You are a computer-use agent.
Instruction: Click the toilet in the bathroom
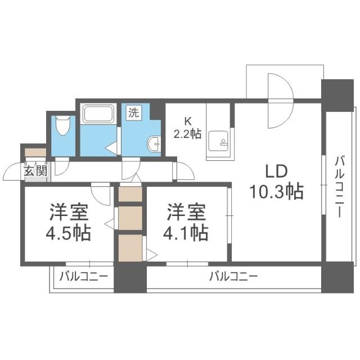click(63, 126)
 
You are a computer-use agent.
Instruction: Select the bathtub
click(98, 114)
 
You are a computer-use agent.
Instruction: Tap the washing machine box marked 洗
click(134, 112)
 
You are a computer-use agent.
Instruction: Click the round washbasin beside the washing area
click(154, 144)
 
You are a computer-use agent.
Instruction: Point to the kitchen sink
click(218, 141)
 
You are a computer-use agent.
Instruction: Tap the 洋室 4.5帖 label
click(69, 222)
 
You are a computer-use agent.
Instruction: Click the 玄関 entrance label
click(35, 170)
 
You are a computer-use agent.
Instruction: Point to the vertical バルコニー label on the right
click(340, 187)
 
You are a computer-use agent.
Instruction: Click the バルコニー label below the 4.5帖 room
click(84, 277)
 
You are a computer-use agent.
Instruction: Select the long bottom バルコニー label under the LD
click(233, 277)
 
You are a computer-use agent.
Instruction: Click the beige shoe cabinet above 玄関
click(35, 152)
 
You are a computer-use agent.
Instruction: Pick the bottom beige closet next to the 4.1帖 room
click(130, 247)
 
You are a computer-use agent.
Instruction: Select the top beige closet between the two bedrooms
click(130, 194)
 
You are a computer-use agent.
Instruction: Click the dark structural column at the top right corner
click(337, 95)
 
